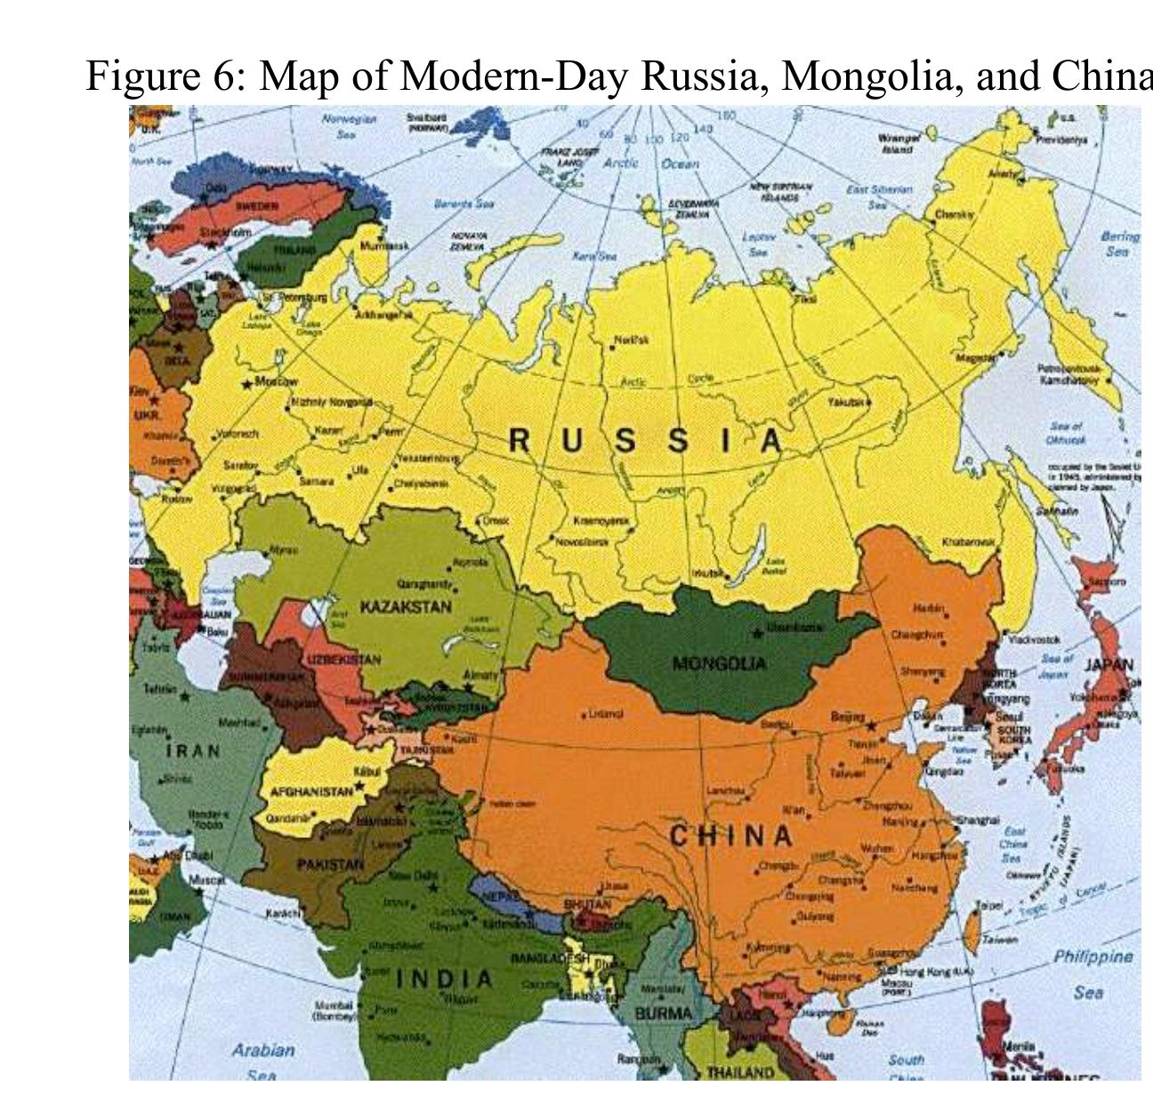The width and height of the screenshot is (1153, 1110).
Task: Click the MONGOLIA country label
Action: click(x=719, y=664)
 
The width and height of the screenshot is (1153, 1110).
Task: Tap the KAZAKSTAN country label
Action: click(x=406, y=607)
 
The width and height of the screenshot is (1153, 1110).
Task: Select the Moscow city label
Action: click(x=277, y=382)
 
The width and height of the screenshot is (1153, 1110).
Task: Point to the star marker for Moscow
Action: click(x=247, y=384)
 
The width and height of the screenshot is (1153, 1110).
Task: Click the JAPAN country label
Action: click(x=1109, y=664)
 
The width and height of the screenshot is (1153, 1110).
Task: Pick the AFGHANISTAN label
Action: click(x=310, y=791)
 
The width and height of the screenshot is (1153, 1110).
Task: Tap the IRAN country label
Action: click(x=193, y=750)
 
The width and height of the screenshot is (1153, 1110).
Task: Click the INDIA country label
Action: click(x=444, y=979)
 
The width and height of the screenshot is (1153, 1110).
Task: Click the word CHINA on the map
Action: click(x=730, y=836)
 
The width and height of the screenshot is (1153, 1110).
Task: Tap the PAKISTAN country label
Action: click(x=330, y=864)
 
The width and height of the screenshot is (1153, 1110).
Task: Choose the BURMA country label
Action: click(x=663, y=1013)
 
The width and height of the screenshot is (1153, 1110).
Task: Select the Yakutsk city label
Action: click(x=845, y=403)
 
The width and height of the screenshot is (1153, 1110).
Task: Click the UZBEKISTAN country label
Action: click(x=344, y=660)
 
